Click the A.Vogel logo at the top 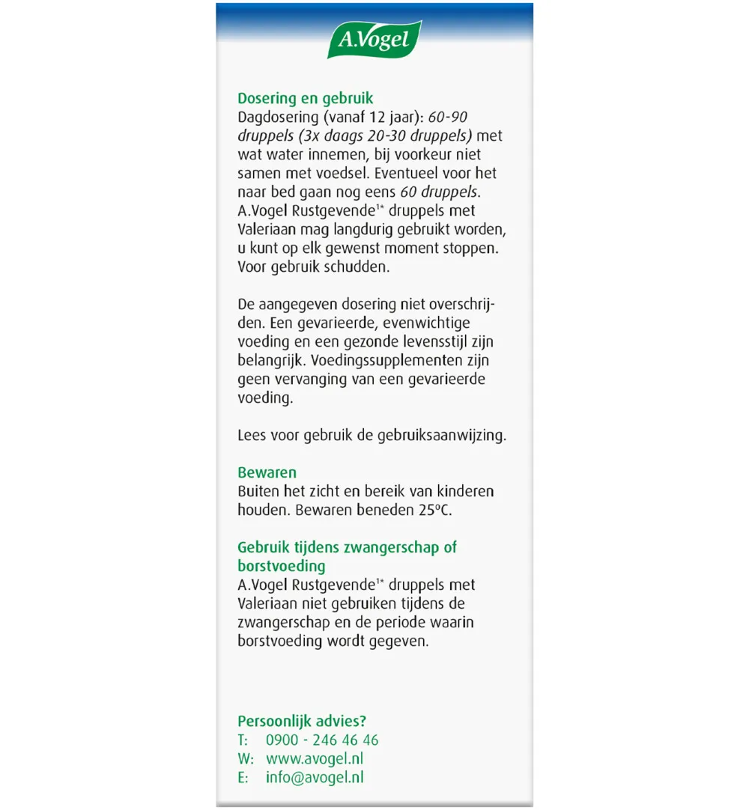pos(374,40)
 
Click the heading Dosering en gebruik pos(305,98)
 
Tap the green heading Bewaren pos(267,472)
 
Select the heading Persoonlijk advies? pos(302,721)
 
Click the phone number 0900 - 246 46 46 pos(322,740)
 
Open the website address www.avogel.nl pos(315,758)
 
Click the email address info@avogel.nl pos(315,777)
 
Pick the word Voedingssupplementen pos(380,360)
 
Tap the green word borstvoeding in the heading pos(282,566)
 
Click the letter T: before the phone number pos(243,740)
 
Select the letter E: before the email pos(243,777)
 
